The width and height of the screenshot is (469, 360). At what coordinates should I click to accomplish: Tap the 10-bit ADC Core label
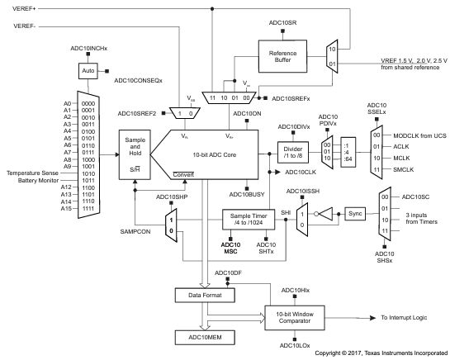[x=217, y=154]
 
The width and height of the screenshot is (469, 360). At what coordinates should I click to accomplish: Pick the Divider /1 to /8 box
[x=291, y=153]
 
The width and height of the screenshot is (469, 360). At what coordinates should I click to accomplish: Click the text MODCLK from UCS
[x=419, y=135]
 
